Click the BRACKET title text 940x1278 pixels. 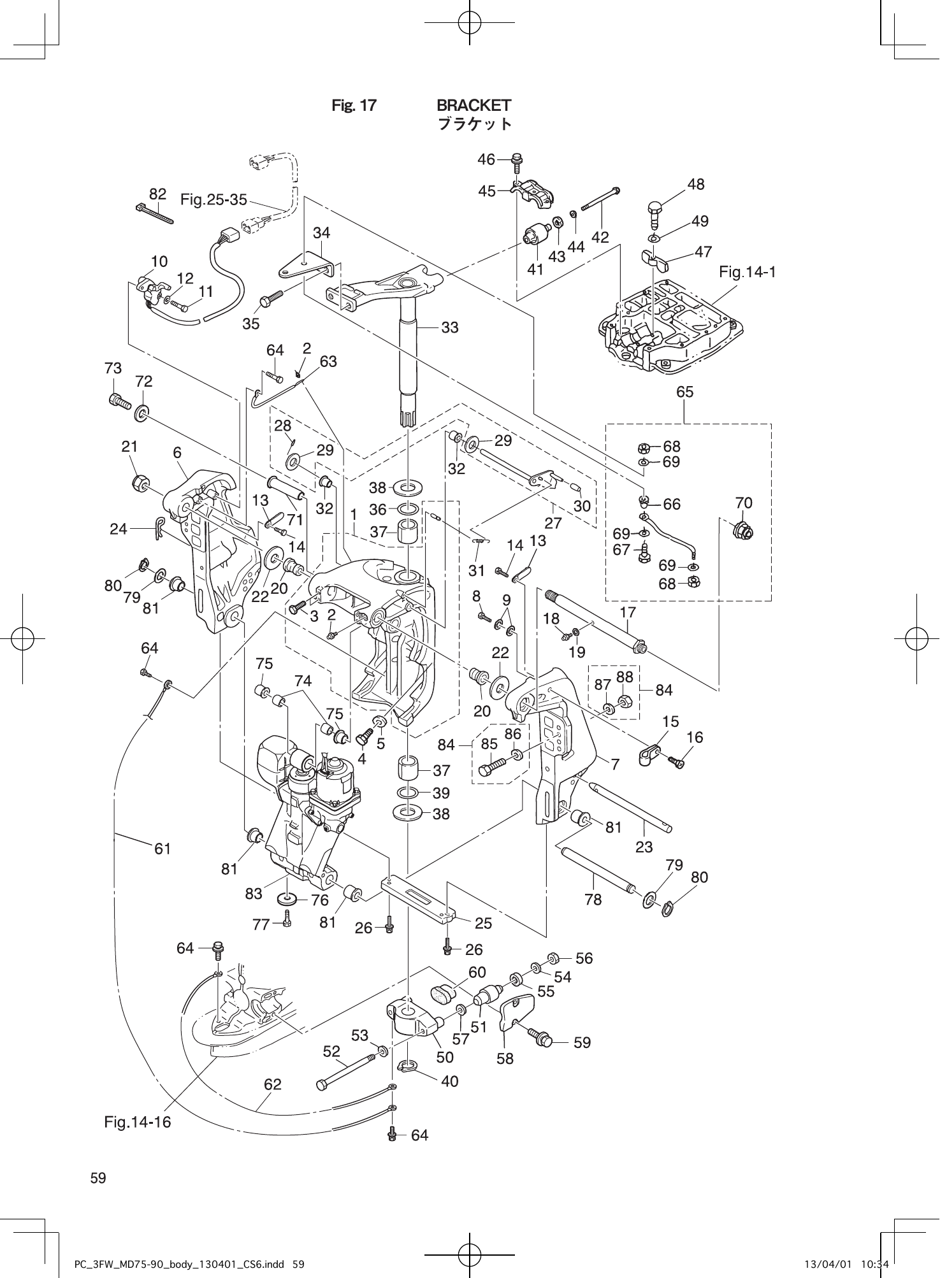coord(474,104)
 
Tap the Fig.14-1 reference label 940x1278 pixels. coord(747,273)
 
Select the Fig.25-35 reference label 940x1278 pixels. coord(213,200)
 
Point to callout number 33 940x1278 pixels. coord(450,327)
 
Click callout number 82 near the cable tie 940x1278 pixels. coord(157,194)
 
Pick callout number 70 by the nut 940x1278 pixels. coord(744,503)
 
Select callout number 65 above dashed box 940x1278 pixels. coord(685,392)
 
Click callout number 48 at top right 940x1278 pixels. coord(696,184)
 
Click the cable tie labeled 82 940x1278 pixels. coord(155,213)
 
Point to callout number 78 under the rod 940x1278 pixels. coord(593,899)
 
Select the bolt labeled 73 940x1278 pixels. coord(119,401)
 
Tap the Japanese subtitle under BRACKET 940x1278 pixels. coord(474,124)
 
